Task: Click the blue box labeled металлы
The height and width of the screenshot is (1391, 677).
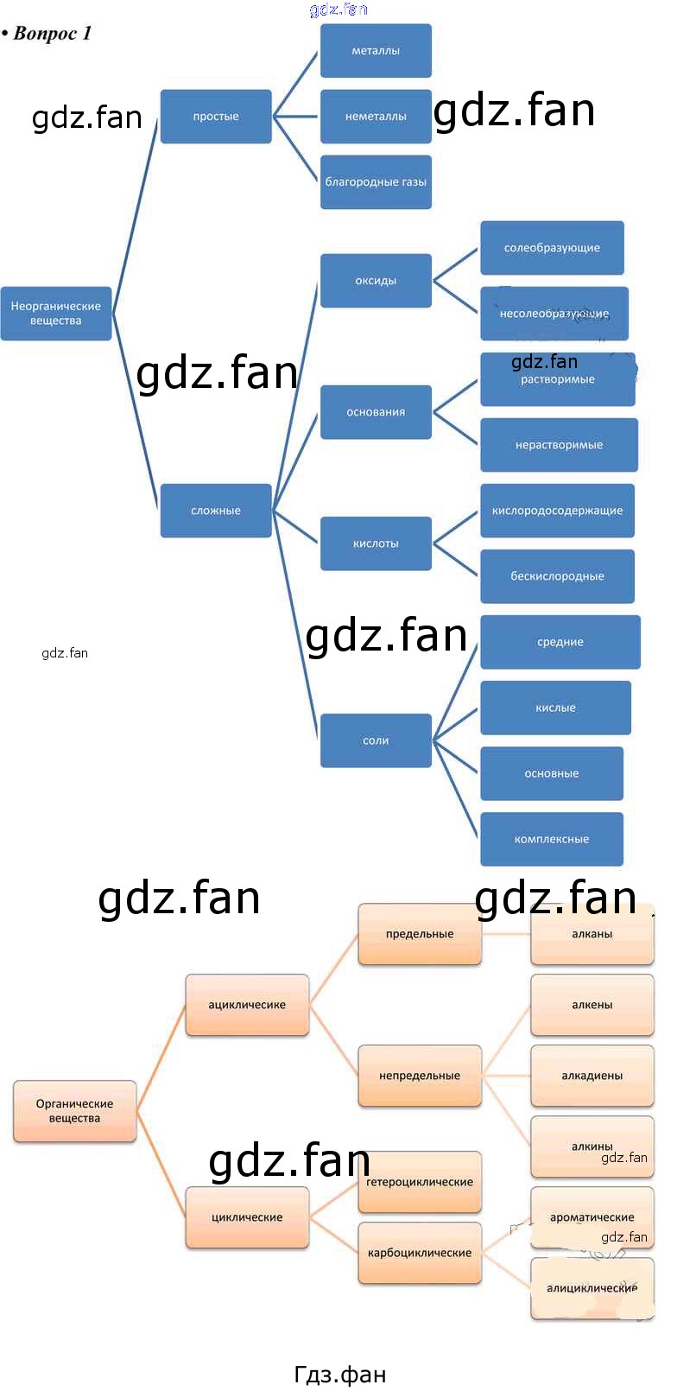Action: point(376,51)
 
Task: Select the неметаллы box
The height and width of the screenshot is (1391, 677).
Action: point(376,117)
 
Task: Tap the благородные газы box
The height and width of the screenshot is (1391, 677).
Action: point(376,182)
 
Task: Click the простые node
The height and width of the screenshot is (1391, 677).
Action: point(216,117)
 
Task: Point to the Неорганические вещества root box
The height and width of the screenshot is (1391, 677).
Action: point(56,314)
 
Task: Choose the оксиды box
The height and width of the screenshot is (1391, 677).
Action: point(376,281)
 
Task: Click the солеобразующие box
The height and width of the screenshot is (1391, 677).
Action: point(552,248)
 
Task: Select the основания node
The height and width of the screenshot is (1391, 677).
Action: point(376,412)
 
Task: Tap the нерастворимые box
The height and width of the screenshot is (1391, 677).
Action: point(559,445)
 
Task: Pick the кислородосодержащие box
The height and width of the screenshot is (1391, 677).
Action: point(557,511)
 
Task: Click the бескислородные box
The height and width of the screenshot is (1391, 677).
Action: point(557,576)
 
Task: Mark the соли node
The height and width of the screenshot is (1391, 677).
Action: point(376,740)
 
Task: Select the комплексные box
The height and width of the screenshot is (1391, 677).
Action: point(552,839)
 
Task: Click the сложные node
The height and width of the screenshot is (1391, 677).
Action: point(216,511)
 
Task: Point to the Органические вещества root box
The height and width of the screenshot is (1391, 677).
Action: point(75,1111)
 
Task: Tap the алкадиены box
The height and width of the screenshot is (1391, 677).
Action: point(592,1076)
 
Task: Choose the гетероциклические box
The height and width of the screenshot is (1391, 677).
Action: point(420,1182)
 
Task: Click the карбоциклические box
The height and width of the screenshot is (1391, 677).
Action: point(420,1253)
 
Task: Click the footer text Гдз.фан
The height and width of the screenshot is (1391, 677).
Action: point(340,1374)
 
